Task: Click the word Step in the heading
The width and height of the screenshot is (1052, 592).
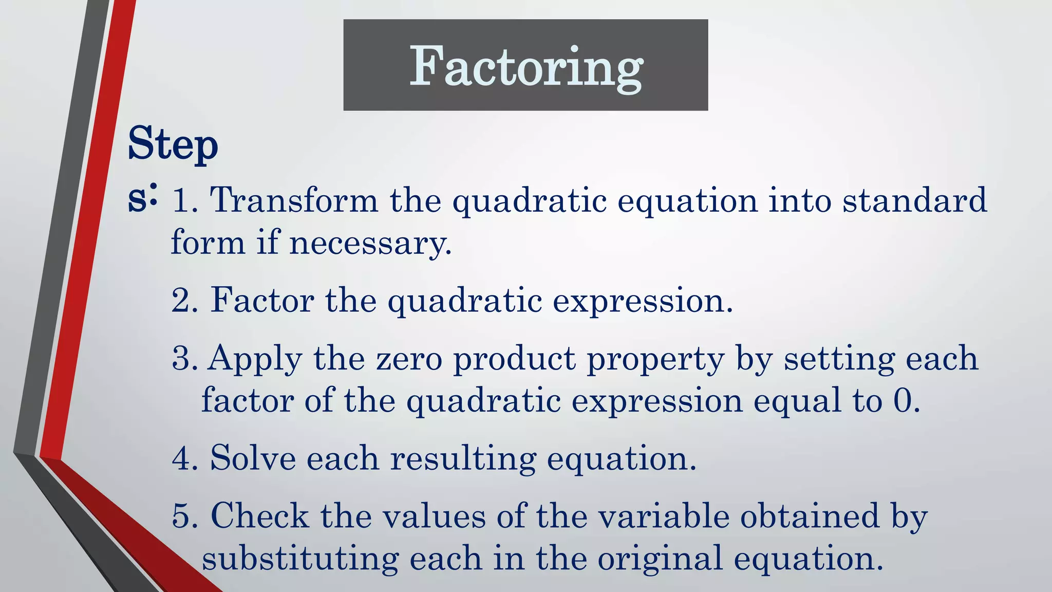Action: click(173, 145)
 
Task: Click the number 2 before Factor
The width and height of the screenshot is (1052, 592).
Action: click(183, 301)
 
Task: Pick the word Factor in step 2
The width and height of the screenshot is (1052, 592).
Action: click(262, 301)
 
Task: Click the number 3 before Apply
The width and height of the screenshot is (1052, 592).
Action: click(183, 359)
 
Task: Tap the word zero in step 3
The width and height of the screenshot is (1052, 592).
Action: click(409, 359)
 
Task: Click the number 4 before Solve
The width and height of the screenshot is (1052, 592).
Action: click(183, 458)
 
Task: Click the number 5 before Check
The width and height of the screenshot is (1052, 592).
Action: click(183, 516)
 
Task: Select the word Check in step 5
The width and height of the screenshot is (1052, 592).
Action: click(259, 516)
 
